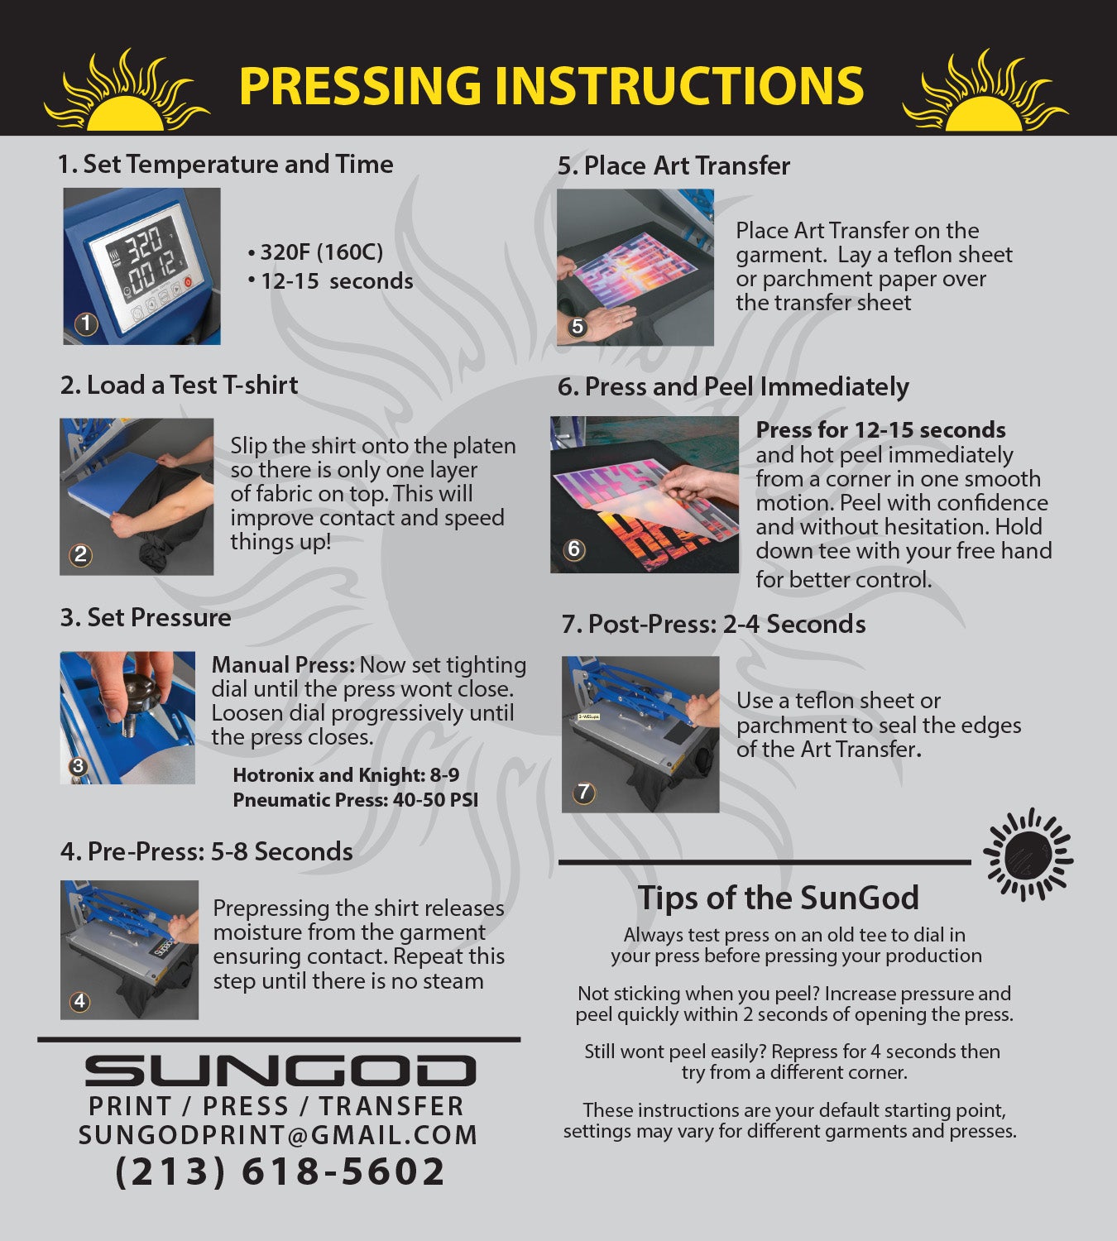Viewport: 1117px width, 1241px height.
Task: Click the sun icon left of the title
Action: point(127,93)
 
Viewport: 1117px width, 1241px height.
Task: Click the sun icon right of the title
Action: point(985,93)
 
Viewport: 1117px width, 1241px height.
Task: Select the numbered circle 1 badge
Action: point(86,323)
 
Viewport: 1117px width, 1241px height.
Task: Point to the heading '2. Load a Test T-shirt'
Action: point(179,385)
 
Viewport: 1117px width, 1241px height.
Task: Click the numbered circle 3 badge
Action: point(78,766)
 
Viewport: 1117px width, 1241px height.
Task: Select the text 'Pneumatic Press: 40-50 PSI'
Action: point(355,800)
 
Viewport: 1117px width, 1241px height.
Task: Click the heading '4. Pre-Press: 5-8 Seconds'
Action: point(207,852)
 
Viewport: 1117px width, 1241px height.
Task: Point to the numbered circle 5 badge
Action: point(578,326)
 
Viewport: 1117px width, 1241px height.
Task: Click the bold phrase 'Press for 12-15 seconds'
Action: point(880,429)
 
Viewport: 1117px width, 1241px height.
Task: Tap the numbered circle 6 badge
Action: point(573,549)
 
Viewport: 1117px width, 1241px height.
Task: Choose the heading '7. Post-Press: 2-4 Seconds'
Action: point(713,624)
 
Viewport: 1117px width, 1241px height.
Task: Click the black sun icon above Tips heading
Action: point(1028,855)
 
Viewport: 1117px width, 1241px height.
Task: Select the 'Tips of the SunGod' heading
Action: point(778,897)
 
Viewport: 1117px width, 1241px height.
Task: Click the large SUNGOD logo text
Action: point(280,1071)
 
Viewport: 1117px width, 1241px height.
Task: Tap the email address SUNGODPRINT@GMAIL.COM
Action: point(278,1134)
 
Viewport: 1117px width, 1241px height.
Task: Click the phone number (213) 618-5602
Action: point(280,1172)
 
